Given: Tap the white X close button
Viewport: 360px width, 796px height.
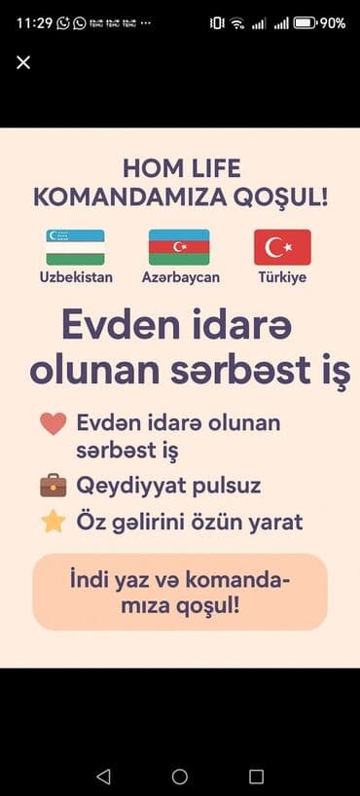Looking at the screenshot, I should click(23, 62).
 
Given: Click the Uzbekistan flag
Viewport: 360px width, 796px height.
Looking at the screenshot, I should click(76, 247).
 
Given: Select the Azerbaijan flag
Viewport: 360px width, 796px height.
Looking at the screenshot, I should click(179, 247).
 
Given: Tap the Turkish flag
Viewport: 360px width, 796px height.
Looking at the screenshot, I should click(282, 247).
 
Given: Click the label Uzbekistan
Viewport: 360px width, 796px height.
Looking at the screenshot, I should click(76, 277).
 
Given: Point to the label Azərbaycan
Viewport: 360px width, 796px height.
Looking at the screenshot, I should click(181, 277).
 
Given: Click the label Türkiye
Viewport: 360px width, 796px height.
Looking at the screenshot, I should click(282, 277).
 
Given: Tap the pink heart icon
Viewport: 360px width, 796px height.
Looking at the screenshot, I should click(54, 424).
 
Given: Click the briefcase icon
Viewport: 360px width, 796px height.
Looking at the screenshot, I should click(54, 485).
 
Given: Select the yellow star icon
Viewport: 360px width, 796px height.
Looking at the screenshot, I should click(54, 522).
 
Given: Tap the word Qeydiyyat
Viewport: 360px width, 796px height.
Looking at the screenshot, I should click(131, 485).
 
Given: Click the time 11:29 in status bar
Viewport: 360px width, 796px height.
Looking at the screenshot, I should click(34, 22).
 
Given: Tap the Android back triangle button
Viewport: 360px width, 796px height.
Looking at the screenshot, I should click(103, 776).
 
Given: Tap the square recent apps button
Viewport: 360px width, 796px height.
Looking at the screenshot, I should click(256, 776).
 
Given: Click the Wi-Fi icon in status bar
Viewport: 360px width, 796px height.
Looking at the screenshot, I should click(237, 22).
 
